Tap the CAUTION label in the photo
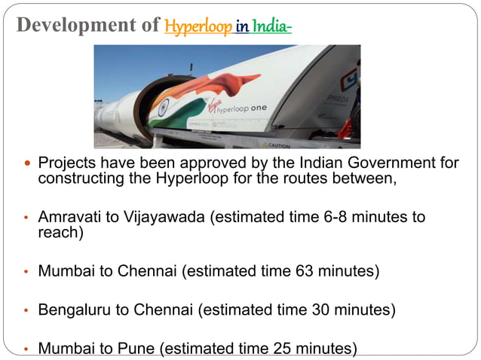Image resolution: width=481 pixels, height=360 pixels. point(277,145)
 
